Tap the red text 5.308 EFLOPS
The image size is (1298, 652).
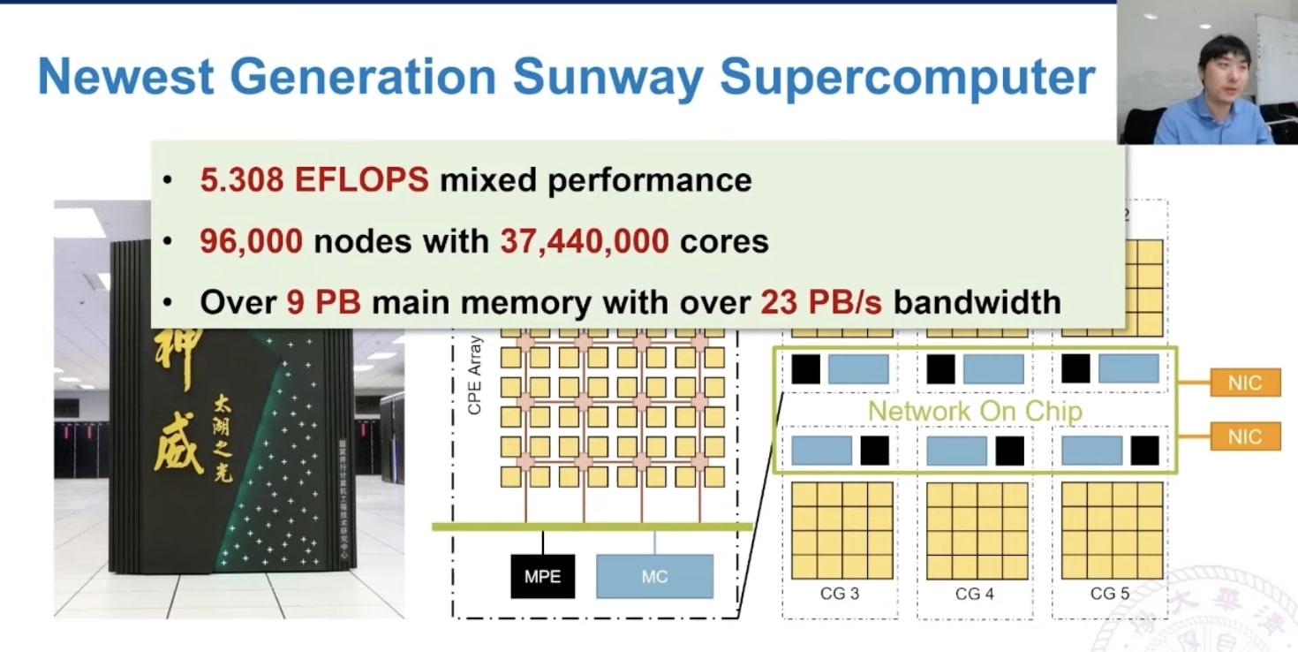(x=313, y=180)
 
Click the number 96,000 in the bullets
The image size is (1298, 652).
(x=251, y=241)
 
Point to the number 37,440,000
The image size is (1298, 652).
(x=584, y=241)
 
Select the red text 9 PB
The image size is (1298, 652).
(x=324, y=302)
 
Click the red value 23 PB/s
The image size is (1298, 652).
(x=821, y=302)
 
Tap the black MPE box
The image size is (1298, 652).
(x=542, y=577)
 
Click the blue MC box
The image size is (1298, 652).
(x=654, y=577)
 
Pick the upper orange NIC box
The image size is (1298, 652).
(x=1244, y=383)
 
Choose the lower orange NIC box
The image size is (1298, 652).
(x=1244, y=436)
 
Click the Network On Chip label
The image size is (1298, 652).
(x=975, y=411)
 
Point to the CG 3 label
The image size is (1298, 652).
(x=839, y=594)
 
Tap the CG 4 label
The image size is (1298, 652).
(x=974, y=594)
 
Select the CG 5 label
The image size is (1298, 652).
(x=1109, y=594)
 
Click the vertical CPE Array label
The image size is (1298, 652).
(x=474, y=375)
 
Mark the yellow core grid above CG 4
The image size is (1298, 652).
(x=977, y=530)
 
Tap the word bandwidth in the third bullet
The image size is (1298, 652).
(x=977, y=302)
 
